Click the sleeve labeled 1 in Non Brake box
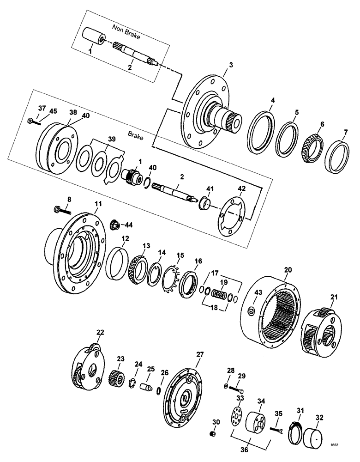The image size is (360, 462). point(95,37)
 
